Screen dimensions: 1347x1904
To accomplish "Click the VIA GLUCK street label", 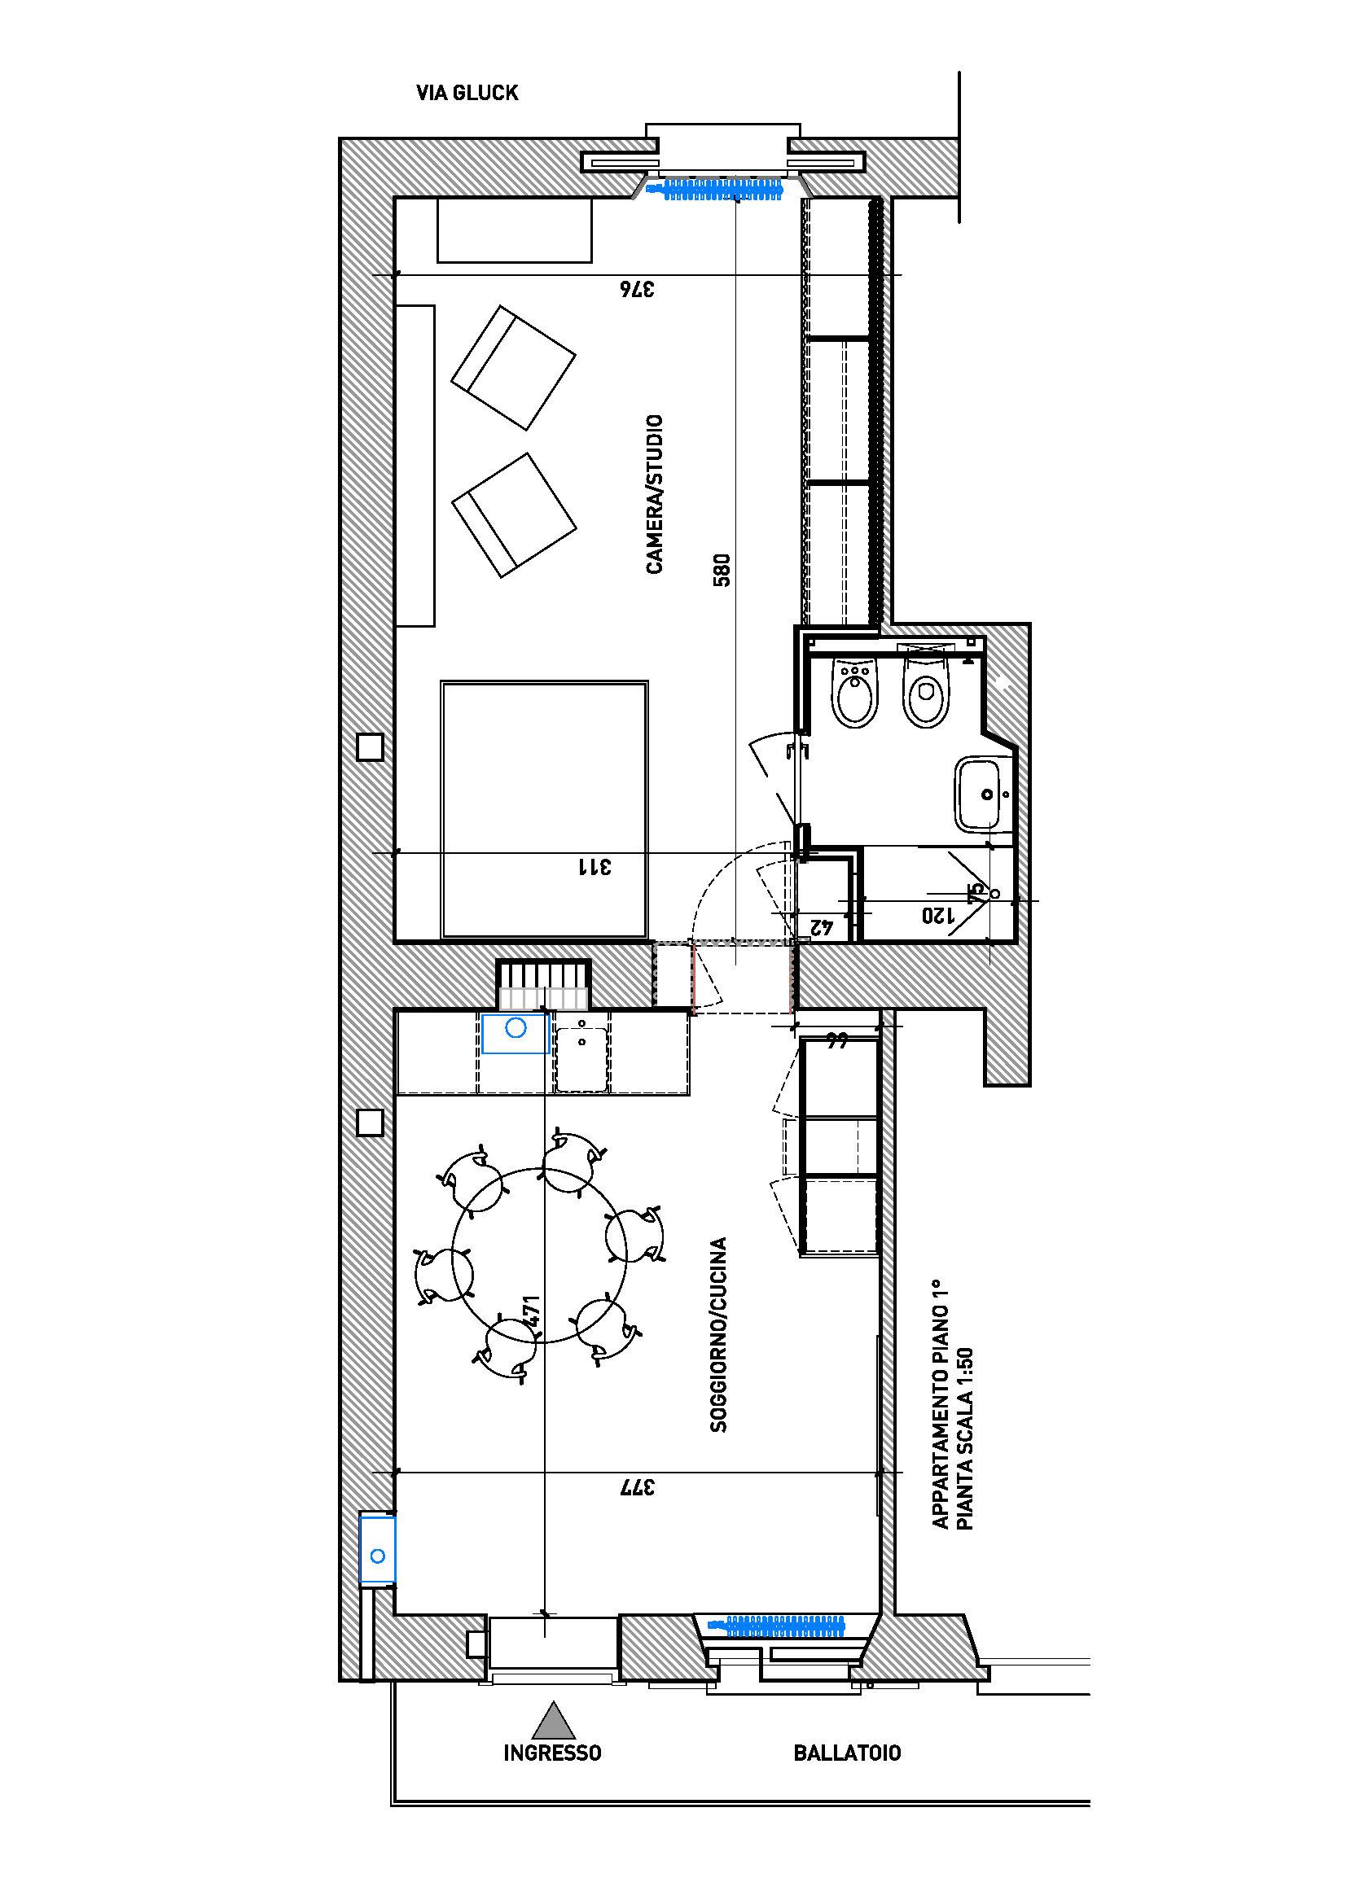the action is pos(467,93).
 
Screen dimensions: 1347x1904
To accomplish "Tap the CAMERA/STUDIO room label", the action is pos(655,494).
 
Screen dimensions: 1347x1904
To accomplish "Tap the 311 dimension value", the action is pos(595,867).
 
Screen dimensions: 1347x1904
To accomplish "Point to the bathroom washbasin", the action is pos(985,792).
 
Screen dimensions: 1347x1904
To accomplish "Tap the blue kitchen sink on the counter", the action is pos(515,1033).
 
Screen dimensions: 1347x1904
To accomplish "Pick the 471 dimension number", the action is pos(532,1313).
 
